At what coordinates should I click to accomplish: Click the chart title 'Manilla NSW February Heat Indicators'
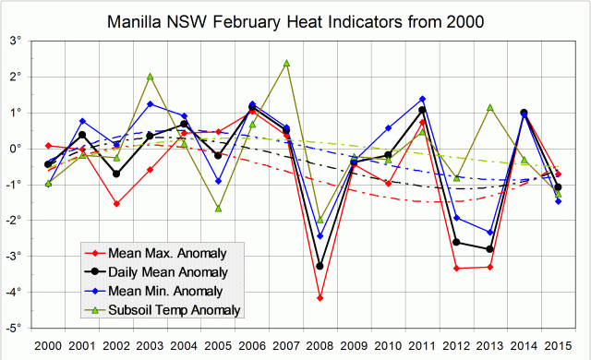(x=295, y=19)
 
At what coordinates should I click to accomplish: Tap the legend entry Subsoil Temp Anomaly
(x=163, y=309)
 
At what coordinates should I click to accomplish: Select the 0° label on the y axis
(x=17, y=148)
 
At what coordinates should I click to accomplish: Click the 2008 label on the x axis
(x=320, y=345)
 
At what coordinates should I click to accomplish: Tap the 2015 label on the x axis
(x=558, y=345)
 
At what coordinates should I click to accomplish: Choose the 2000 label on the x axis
(x=48, y=345)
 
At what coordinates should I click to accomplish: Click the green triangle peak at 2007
(x=286, y=63)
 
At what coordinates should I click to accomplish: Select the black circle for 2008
(x=320, y=266)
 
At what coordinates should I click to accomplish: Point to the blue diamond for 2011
(x=422, y=99)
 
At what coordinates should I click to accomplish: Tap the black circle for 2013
(x=490, y=249)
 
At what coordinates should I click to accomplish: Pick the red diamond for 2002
(x=116, y=203)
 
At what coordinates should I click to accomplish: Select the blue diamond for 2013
(x=490, y=233)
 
